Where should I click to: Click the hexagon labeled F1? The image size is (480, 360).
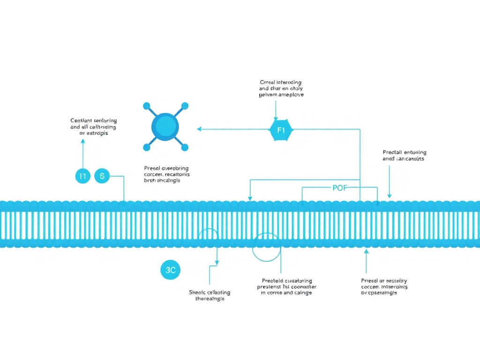tap(281, 130)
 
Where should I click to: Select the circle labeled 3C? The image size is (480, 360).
tap(171, 270)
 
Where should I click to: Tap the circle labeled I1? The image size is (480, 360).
tap(82, 176)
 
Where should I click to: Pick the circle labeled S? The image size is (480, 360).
tap(102, 176)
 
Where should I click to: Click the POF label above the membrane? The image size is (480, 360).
tap(339, 188)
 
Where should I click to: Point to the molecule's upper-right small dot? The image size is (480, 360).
tap(185, 106)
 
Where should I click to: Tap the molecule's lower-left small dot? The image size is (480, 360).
tap(146, 147)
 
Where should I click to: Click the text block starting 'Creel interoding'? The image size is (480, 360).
tap(281, 88)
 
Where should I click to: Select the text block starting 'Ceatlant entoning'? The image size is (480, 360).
tap(93, 127)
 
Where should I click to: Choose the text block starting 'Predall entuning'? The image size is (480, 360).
tap(404, 155)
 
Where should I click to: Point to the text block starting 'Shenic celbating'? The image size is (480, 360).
tap(210, 295)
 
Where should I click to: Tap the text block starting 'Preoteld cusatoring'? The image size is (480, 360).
tap(286, 286)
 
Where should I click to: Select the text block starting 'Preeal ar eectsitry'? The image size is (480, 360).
tap(384, 286)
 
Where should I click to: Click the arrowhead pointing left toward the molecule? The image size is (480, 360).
tap(199, 129)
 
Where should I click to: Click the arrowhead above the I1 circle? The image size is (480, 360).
tap(83, 141)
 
